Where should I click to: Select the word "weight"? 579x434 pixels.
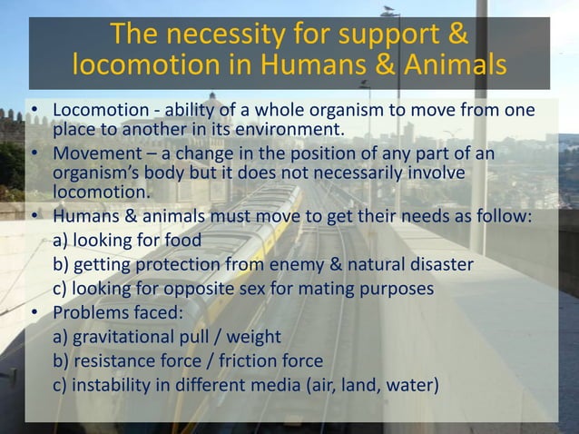coord(255,337)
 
